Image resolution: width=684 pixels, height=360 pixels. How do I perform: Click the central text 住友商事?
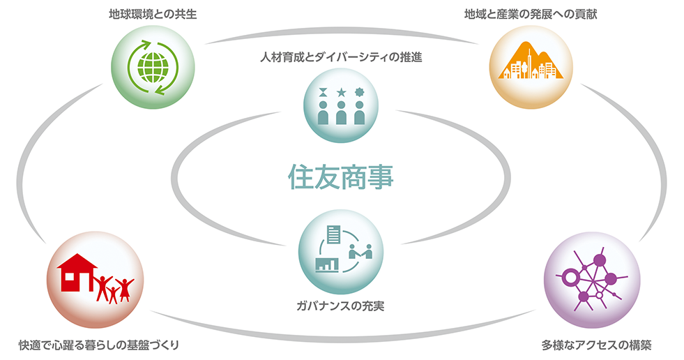[x=341, y=177]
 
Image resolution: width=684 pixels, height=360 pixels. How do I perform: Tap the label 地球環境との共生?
[x=153, y=15]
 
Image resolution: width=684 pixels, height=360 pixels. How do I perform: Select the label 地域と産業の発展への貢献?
[x=531, y=15]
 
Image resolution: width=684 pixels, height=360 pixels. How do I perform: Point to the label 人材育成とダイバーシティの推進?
[x=341, y=57]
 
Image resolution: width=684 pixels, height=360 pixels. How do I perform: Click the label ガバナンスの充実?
[x=340, y=306]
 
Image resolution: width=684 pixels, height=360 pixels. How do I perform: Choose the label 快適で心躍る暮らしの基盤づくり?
[x=99, y=345]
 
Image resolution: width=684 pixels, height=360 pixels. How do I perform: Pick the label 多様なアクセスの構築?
[x=596, y=345]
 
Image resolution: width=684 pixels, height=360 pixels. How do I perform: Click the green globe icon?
[x=153, y=67]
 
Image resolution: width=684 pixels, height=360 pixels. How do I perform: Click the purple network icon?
[x=592, y=280]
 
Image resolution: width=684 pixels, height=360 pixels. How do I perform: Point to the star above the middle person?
[x=341, y=92]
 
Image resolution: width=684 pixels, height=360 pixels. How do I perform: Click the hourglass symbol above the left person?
[x=323, y=92]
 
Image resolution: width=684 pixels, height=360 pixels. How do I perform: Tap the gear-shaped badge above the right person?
[x=360, y=92]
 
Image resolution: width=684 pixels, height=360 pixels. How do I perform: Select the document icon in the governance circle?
[x=334, y=234]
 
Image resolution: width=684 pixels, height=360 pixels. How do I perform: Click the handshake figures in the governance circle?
[x=360, y=252]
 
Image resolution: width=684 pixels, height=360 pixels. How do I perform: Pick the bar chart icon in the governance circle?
[x=327, y=264]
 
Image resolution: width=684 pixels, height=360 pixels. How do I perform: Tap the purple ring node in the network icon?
[x=569, y=276]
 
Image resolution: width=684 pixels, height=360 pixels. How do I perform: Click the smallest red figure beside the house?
[x=114, y=294]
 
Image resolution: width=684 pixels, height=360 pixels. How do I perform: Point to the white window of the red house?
[x=69, y=277]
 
